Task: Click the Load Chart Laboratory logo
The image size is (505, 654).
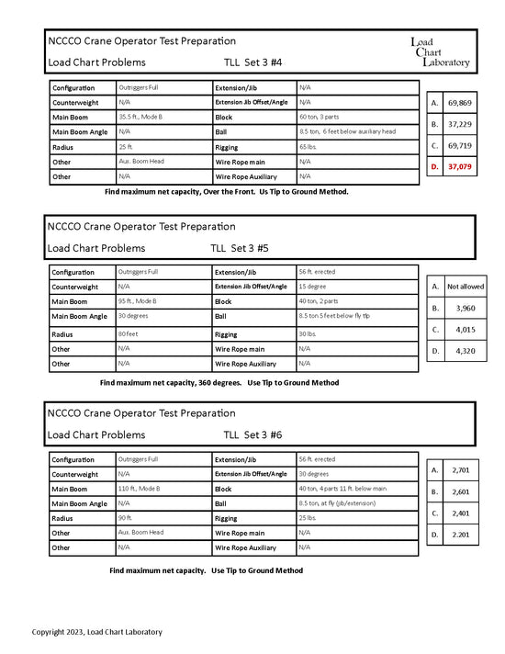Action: pyautogui.click(x=440, y=52)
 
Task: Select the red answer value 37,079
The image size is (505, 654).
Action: pyautogui.click(x=459, y=166)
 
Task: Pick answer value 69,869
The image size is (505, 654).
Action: pyautogui.click(x=459, y=103)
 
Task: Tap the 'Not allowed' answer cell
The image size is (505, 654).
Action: pyautogui.click(x=465, y=287)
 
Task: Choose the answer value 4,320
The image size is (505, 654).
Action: pyautogui.click(x=465, y=350)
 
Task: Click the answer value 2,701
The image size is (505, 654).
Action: pyautogui.click(x=461, y=470)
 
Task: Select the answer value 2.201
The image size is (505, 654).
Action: pyautogui.click(x=461, y=534)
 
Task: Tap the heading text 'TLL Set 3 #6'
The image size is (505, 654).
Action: pyautogui.click(x=252, y=434)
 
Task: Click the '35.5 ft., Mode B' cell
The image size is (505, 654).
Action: pyautogui.click(x=140, y=117)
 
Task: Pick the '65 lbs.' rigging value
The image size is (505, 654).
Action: pyautogui.click(x=309, y=146)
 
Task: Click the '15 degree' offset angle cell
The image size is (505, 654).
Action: pyautogui.click(x=314, y=287)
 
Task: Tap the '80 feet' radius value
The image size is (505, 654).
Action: pyautogui.click(x=130, y=333)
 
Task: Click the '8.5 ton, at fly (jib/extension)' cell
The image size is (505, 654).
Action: pyautogui.click(x=342, y=503)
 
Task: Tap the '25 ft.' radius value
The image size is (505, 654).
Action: pyautogui.click(x=127, y=146)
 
